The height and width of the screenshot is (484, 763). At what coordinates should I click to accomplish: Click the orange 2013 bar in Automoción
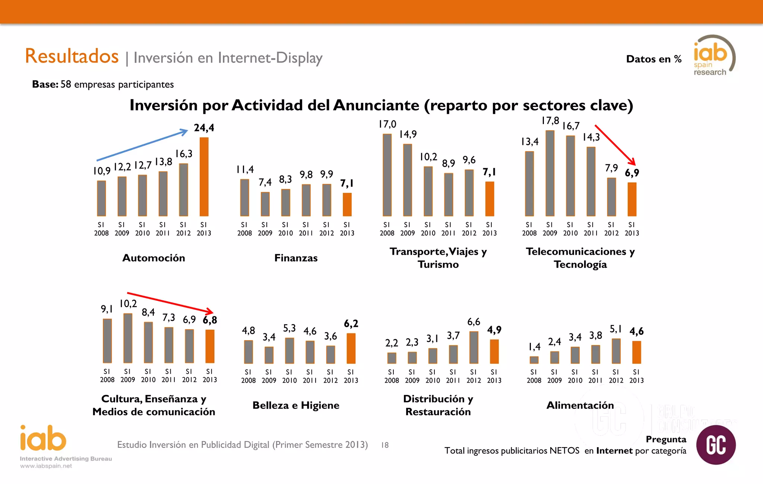204,177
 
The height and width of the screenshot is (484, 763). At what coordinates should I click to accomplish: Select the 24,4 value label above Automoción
204,128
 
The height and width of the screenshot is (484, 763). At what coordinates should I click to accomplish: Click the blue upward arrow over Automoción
142,145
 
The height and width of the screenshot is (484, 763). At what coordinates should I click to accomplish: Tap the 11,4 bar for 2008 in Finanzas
244,197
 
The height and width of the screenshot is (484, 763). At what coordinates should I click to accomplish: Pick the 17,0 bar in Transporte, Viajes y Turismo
387,175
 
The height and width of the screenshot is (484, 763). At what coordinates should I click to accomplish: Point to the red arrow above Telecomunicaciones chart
615,145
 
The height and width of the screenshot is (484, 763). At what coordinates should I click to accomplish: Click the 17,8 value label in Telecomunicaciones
550,121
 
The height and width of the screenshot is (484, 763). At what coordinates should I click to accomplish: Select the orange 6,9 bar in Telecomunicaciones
632,199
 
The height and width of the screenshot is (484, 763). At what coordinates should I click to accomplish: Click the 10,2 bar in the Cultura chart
128,338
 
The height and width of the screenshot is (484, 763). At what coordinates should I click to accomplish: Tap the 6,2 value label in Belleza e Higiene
351,324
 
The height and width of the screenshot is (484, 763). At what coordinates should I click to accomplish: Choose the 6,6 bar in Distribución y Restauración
474,347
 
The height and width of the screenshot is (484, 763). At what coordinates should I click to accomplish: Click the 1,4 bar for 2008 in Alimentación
534,360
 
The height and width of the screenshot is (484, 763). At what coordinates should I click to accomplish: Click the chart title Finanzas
296,258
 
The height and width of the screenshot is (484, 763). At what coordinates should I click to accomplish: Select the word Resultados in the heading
72,56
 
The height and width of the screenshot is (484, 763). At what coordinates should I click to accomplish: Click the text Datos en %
653,59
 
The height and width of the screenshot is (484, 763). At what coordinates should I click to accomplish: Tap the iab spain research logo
713,56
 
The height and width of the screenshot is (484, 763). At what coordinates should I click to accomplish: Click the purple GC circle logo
716,445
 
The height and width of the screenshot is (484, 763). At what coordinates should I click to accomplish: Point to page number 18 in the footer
385,445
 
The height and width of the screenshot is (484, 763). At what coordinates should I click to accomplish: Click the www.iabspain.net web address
46,466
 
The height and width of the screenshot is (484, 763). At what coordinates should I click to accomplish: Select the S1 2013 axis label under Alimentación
636,376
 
